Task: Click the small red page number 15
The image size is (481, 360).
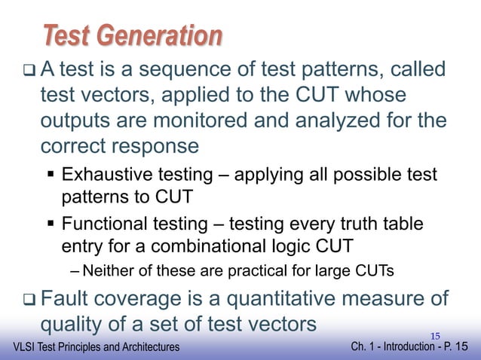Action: (x=434, y=335)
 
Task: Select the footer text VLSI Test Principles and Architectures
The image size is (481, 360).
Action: (x=90, y=347)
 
